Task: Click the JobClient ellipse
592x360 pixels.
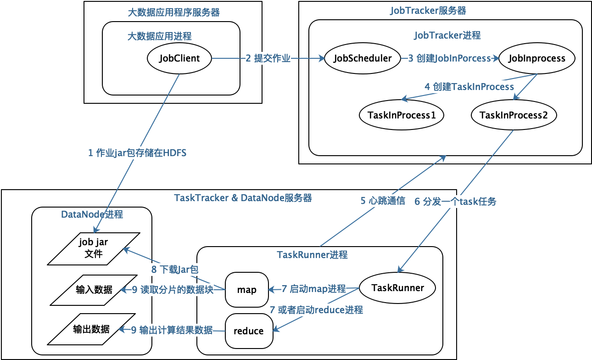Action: pos(179,58)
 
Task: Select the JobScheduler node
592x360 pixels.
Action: pos(363,58)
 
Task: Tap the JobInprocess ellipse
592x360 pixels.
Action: pos(537,58)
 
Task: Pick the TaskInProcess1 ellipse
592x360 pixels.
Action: pos(401,115)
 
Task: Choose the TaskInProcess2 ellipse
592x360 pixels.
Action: pos(514,115)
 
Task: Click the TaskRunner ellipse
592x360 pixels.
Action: pos(397,288)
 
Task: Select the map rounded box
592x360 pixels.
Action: pos(246,290)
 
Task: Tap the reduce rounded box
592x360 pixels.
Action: pos(249,331)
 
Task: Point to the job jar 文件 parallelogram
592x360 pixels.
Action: pos(94,248)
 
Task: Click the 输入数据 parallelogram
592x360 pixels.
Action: pos(94,290)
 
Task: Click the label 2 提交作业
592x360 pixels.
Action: pos(268,58)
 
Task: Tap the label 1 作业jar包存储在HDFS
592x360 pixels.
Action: pos(137,153)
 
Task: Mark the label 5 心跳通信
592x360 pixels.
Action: pos(382,201)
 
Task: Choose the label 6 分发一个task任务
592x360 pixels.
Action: pos(455,201)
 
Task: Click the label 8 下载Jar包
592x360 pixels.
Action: pos(175,269)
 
